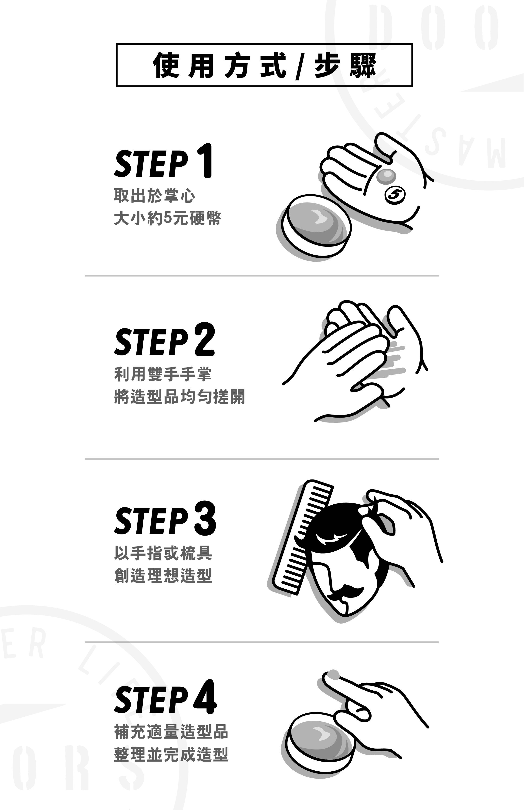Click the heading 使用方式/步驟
tap(264, 65)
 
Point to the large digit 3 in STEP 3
tap(205, 518)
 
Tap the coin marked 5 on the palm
tap(395, 195)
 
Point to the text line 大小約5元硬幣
tap(167, 218)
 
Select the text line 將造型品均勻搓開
tap(179, 397)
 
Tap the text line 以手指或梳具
tap(163, 553)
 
